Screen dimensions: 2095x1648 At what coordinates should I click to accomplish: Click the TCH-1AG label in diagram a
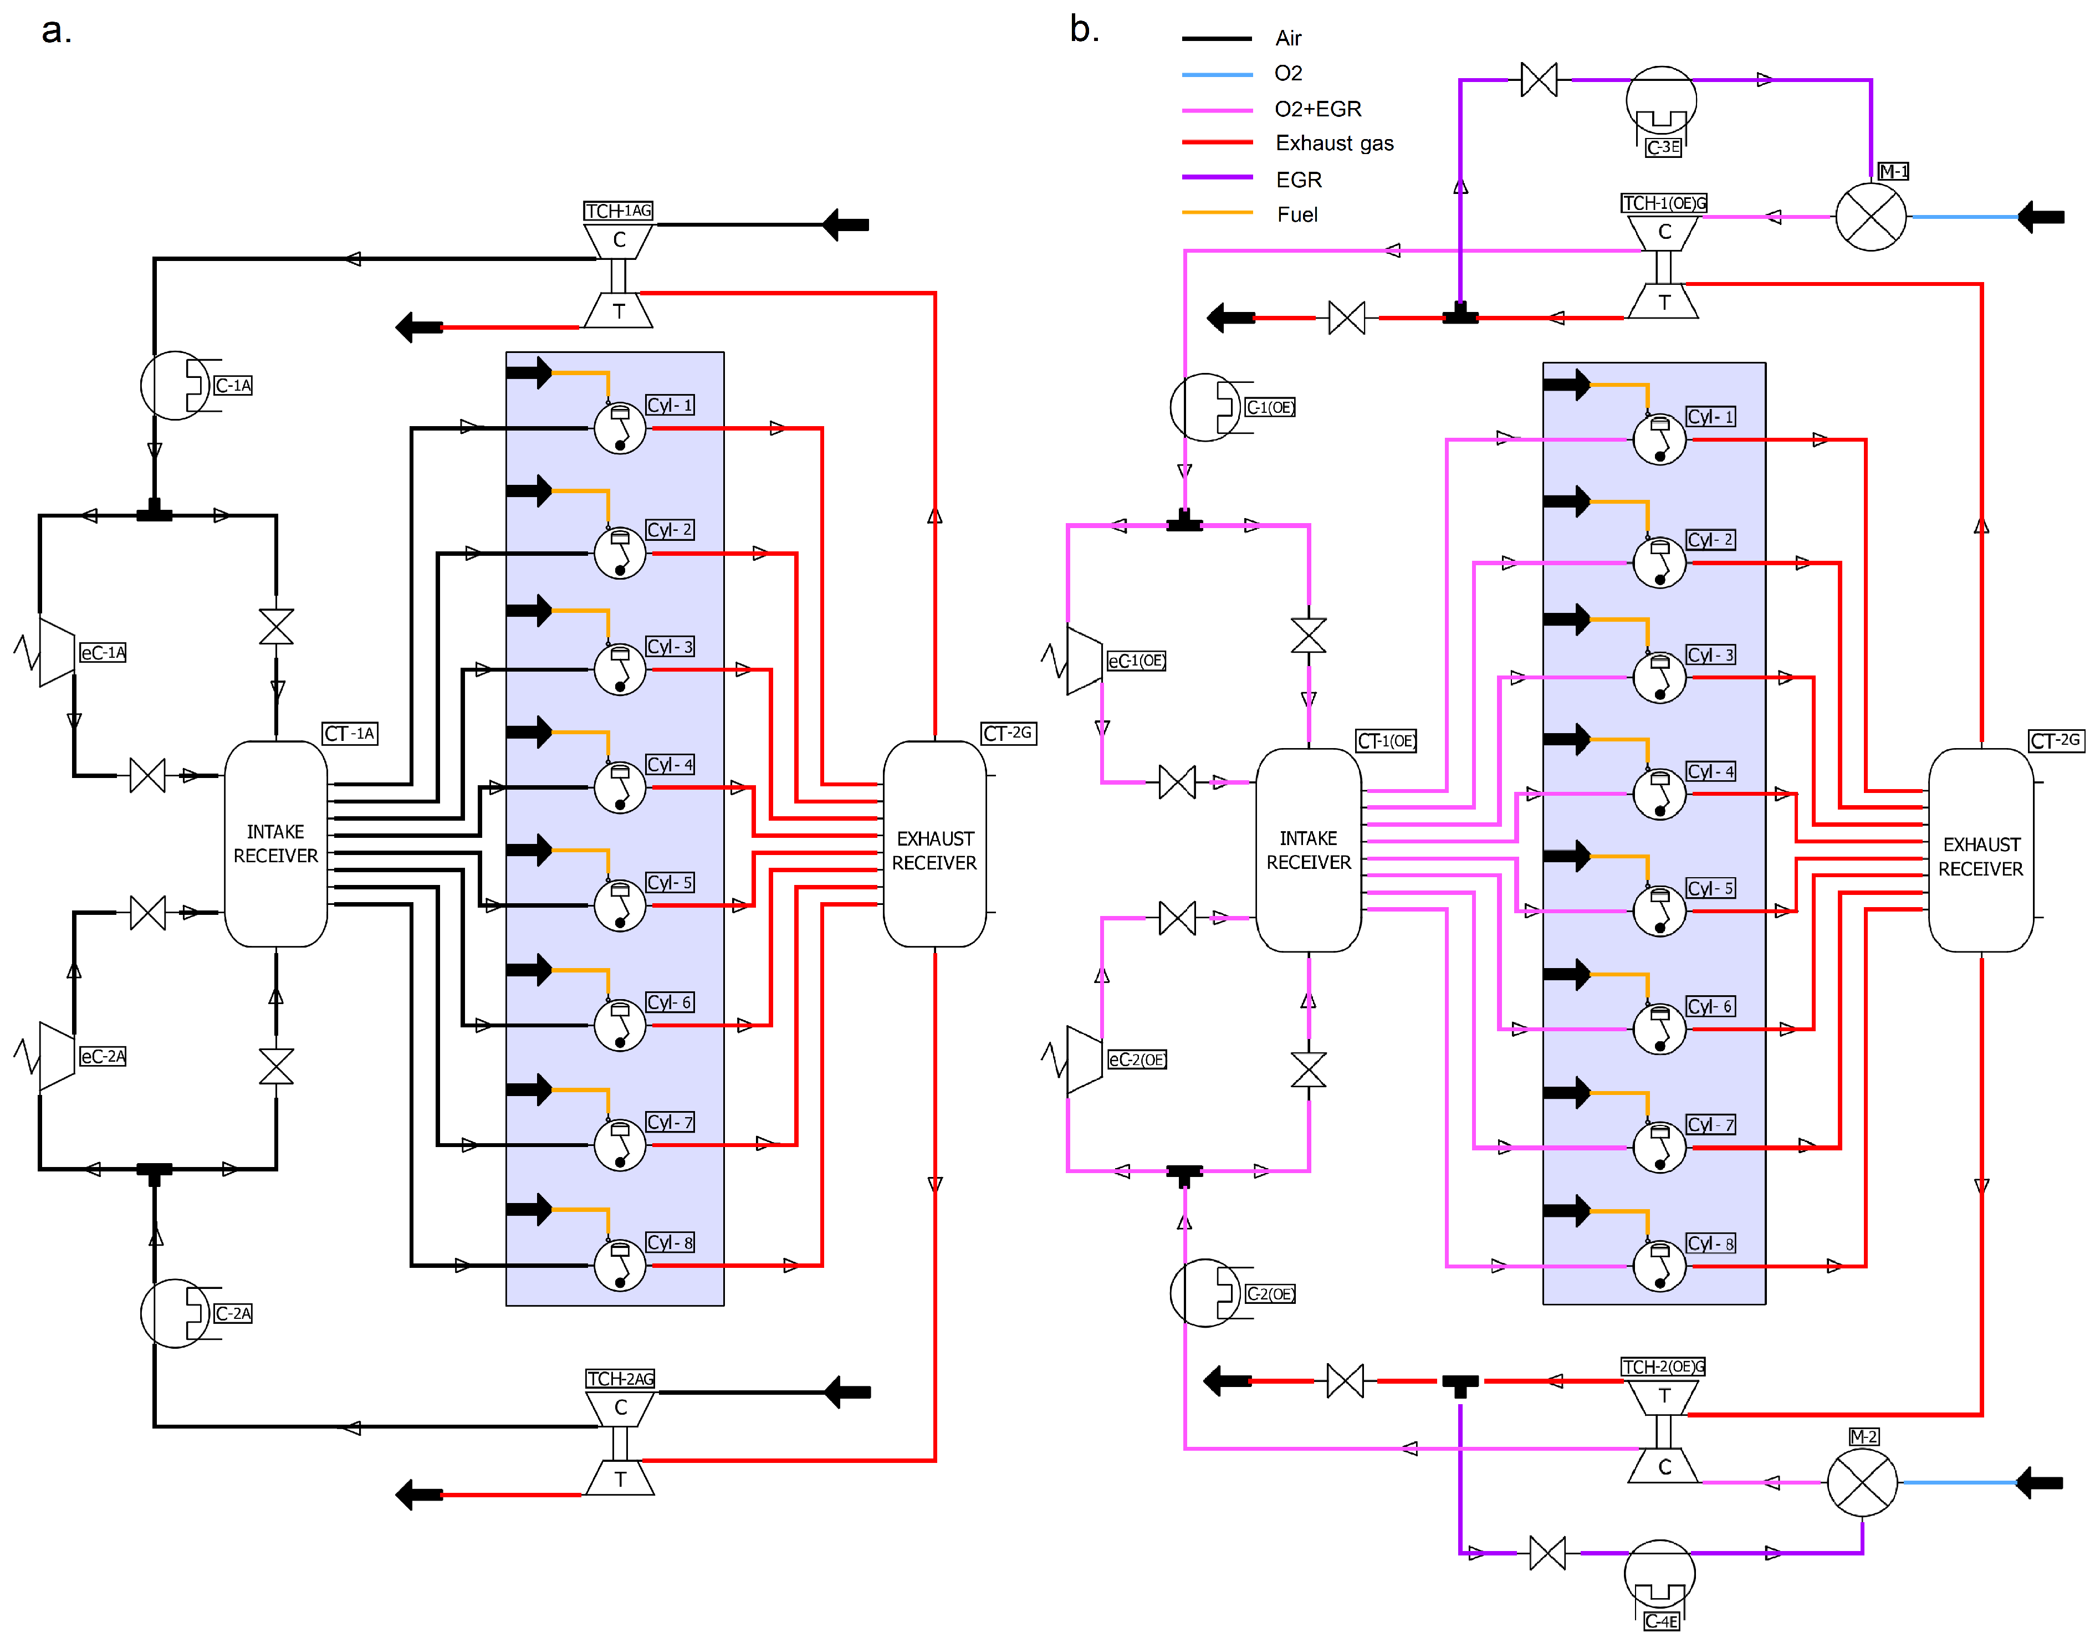point(619,211)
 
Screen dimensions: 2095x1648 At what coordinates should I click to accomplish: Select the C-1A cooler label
point(233,385)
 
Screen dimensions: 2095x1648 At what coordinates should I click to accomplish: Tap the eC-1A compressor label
point(103,652)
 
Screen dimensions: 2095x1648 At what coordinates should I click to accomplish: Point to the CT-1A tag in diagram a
point(349,733)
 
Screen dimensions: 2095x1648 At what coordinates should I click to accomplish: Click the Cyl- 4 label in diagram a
point(670,764)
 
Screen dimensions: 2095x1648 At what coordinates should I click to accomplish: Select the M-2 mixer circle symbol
point(1862,1482)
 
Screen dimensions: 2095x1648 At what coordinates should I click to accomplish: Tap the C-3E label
point(1663,147)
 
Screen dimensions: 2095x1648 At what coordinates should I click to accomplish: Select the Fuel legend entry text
point(1297,214)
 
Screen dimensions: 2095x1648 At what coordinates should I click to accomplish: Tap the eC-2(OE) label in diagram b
point(1137,1060)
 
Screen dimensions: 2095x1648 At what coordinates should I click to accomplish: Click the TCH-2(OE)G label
point(1663,1366)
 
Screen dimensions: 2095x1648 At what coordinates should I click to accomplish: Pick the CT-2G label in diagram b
point(2056,740)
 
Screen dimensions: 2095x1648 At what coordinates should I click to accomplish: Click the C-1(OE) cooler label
point(1269,407)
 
